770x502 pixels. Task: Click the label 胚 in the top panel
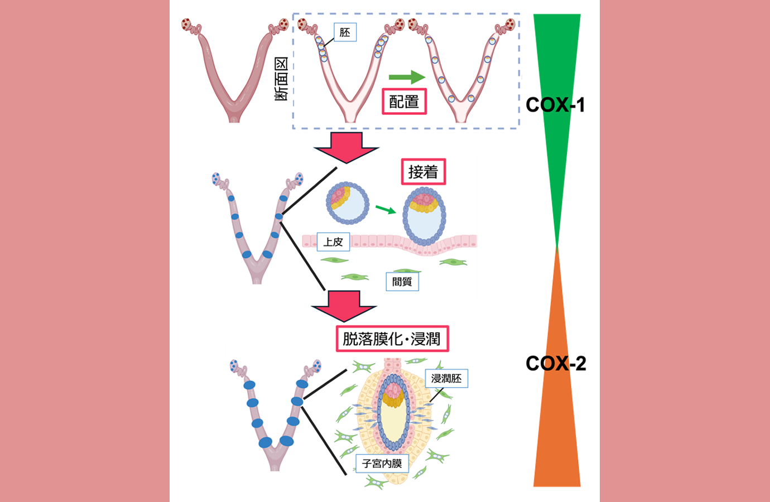(x=345, y=32)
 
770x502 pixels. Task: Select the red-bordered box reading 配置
(x=404, y=102)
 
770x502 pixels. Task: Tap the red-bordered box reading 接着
(x=423, y=172)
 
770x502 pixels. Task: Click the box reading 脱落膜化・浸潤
(x=392, y=339)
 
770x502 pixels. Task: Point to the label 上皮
(x=334, y=242)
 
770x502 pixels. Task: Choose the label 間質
(x=402, y=282)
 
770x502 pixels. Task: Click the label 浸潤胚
(x=446, y=379)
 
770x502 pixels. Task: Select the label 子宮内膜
(x=382, y=464)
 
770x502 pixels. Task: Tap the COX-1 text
(x=556, y=105)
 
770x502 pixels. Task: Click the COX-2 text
(x=556, y=363)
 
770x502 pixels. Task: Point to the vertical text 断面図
(x=281, y=79)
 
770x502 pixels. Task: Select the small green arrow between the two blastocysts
(x=386, y=209)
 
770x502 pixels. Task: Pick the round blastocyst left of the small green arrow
(x=348, y=203)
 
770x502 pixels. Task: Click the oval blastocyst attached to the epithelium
(x=424, y=216)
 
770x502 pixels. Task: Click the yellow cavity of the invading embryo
(x=393, y=423)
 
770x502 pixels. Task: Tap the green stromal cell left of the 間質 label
(x=355, y=277)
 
